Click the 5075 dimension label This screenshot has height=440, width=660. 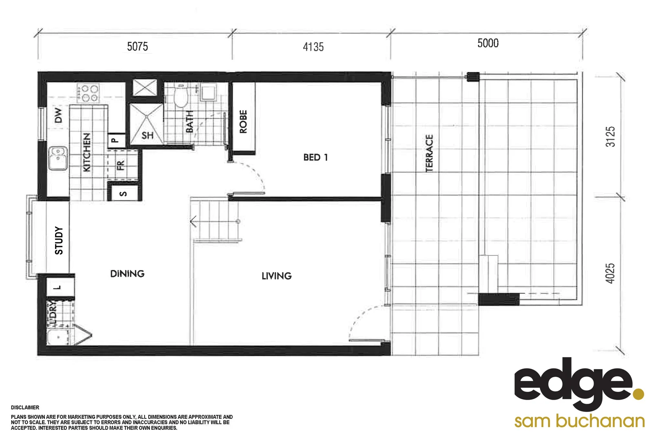137,46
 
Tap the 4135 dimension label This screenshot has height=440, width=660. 313,47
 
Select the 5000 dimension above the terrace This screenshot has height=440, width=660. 488,43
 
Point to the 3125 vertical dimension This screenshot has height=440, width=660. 610,136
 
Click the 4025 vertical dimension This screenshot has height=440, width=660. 610,273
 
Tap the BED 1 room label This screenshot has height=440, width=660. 315,157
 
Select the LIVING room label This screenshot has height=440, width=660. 277,276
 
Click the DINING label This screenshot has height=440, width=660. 127,274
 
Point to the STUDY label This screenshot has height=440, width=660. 59,240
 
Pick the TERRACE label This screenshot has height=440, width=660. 429,153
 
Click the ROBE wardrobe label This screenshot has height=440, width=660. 243,121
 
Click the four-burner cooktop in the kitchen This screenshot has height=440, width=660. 88,93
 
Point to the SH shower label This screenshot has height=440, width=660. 147,135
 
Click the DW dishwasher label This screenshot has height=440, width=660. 59,115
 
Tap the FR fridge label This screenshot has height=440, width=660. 120,165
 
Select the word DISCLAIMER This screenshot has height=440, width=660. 25,407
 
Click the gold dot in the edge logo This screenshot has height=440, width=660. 638,394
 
